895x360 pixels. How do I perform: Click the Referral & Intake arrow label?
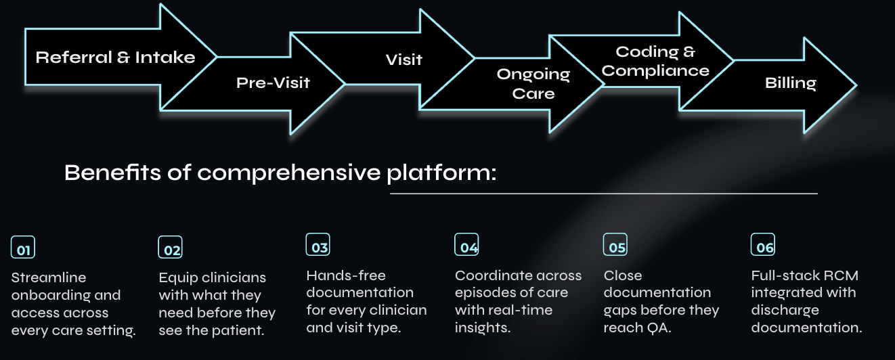coord(116,58)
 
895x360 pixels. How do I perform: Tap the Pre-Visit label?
coord(273,83)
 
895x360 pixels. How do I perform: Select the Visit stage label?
coord(404,60)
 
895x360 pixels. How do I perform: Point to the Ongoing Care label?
coord(533,84)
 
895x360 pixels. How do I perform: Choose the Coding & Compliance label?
coord(655,61)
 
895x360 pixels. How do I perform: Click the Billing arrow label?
coord(791,83)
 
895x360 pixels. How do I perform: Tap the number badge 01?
coord(23,247)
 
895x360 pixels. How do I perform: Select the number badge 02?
coord(170,247)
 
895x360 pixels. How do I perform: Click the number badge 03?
coord(318,244)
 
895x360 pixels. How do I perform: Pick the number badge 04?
coord(466,244)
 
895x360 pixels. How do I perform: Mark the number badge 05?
coord(615,244)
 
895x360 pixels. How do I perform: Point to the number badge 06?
coord(763,244)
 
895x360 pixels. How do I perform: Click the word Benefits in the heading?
coord(112,173)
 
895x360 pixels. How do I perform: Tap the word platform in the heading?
coord(441,173)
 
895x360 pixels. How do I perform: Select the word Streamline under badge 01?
coord(49,277)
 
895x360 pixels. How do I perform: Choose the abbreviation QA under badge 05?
coord(659,328)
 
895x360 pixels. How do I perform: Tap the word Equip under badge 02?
coord(178,278)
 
